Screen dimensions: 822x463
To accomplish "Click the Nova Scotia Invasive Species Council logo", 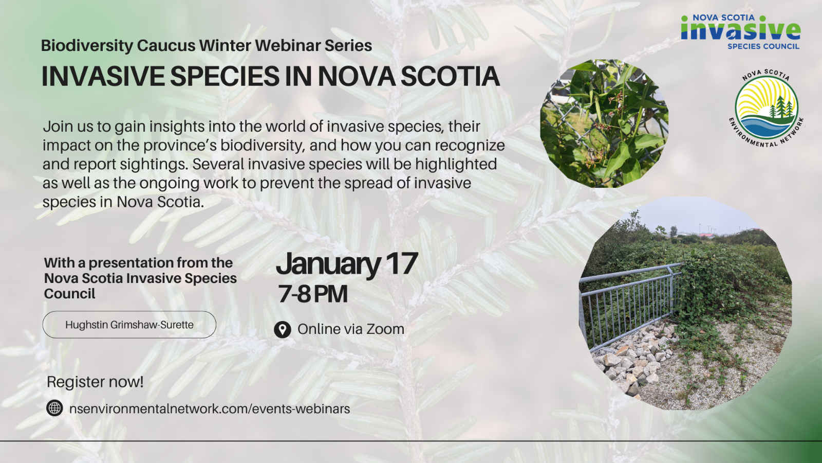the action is (x=740, y=32).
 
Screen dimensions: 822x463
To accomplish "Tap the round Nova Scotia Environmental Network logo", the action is (x=766, y=108).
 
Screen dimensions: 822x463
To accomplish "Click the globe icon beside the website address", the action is (x=54, y=408).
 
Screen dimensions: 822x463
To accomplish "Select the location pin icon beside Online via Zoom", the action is (x=282, y=330).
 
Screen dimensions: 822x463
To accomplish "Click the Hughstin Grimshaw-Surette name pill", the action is (x=129, y=325).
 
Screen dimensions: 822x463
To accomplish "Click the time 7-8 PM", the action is (x=313, y=294).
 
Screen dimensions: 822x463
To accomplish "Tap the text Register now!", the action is (x=95, y=382).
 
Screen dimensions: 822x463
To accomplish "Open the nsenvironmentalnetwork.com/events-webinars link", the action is (x=210, y=408).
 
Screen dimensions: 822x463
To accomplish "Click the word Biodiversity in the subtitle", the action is (x=87, y=46).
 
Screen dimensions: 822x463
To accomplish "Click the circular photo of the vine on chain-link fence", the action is (x=604, y=123).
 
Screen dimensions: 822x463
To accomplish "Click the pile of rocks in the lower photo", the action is (x=631, y=358).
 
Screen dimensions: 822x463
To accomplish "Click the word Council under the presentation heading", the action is (x=70, y=294).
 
